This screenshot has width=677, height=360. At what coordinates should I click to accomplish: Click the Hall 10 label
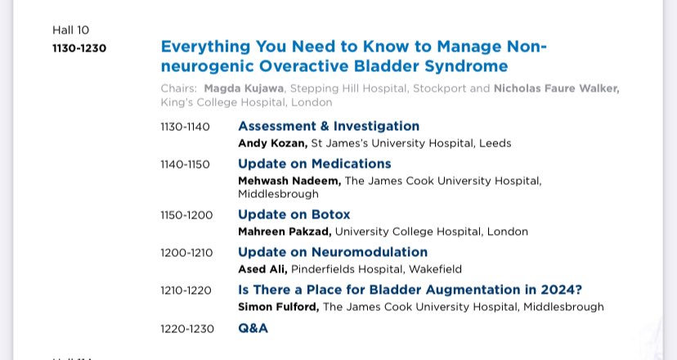71,30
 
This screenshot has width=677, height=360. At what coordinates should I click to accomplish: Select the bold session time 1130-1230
79,48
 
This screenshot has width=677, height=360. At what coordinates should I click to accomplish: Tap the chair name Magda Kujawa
244,88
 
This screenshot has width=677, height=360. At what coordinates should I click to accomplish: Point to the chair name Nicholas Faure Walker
556,88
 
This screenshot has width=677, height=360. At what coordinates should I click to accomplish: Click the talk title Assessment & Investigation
328,126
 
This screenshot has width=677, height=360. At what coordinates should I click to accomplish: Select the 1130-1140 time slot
185,127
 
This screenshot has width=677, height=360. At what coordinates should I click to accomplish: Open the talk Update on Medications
314,164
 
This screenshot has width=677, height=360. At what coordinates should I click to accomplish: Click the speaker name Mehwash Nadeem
289,181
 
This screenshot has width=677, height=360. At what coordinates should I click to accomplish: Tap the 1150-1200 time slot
186,215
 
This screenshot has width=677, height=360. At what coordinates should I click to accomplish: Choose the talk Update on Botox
294,214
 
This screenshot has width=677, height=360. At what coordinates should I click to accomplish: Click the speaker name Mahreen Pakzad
284,232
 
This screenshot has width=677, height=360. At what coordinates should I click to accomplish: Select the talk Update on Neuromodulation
332,252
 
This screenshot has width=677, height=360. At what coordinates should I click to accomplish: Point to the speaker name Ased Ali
263,269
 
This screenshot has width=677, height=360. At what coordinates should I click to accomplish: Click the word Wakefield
434,269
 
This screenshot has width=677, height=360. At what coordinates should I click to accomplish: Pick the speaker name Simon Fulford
278,307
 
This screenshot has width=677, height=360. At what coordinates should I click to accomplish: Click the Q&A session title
253,328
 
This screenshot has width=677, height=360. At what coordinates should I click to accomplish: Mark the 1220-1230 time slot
187,329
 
